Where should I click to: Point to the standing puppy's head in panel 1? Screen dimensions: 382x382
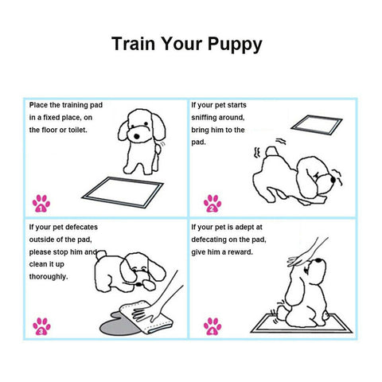(x=141, y=127)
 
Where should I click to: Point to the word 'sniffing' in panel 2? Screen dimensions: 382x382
(x=209, y=117)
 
